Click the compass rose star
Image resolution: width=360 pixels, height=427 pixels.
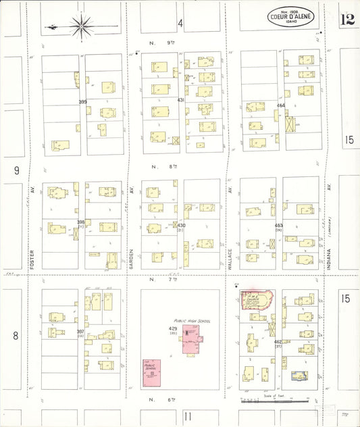click(x=81, y=26)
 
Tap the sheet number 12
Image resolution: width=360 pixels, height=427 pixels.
click(x=347, y=18)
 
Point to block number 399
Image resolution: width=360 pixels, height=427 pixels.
click(x=82, y=101)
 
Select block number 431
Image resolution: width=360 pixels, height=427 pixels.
click(x=180, y=99)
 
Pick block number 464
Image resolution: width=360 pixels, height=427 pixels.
click(x=280, y=105)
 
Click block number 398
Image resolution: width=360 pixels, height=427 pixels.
click(x=81, y=222)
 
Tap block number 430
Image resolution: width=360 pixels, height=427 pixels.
click(x=181, y=225)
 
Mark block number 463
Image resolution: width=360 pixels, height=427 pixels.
click(x=278, y=225)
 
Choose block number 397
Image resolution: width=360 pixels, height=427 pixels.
click(x=80, y=331)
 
